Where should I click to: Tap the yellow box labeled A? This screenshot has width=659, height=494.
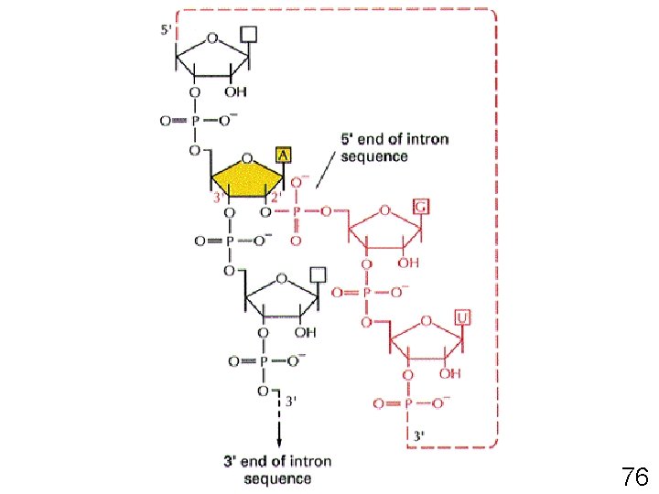coord(285,156)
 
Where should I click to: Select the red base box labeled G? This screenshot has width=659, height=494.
coord(422,206)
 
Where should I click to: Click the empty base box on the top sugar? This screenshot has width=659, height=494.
coord(248,35)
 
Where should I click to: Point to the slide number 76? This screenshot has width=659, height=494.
coord(634,477)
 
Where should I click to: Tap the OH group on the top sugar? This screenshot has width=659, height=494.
coord(235,92)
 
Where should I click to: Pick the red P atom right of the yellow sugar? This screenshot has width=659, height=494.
coord(296,213)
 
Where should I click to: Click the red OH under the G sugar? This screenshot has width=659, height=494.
coord(408,263)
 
